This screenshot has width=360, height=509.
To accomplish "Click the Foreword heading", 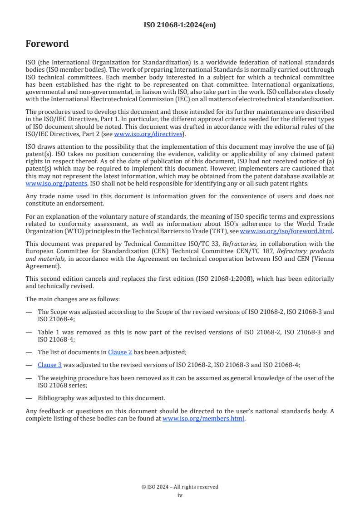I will (47, 44).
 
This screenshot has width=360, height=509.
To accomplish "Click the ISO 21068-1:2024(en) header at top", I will (180, 25).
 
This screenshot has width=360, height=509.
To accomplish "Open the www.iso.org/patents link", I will (44, 184).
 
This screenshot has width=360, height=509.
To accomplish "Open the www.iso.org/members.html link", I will (203, 419).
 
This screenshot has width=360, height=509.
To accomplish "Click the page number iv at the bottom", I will (180, 495).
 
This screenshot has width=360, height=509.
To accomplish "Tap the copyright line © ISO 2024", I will (180, 487).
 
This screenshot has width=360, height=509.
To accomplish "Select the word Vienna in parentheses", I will (322, 258).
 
